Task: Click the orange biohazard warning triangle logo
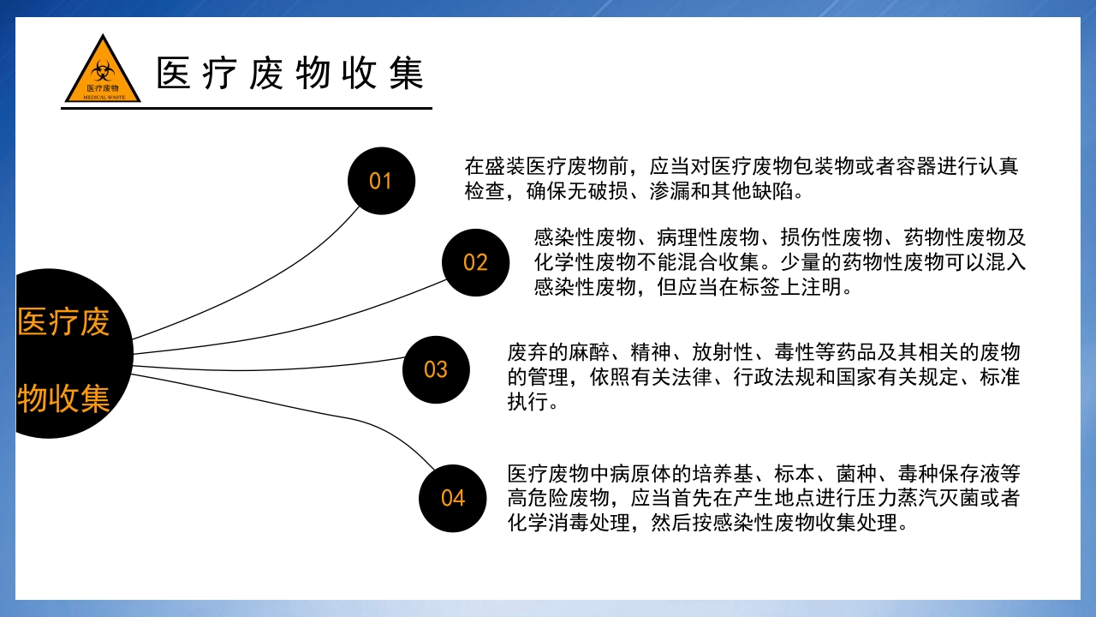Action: [103, 72]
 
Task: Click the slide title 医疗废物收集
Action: [290, 74]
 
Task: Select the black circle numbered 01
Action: [381, 181]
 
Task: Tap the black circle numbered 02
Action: [475, 262]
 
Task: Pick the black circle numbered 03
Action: [436, 369]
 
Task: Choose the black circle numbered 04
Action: [453, 498]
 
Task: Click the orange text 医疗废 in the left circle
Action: [64, 322]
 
